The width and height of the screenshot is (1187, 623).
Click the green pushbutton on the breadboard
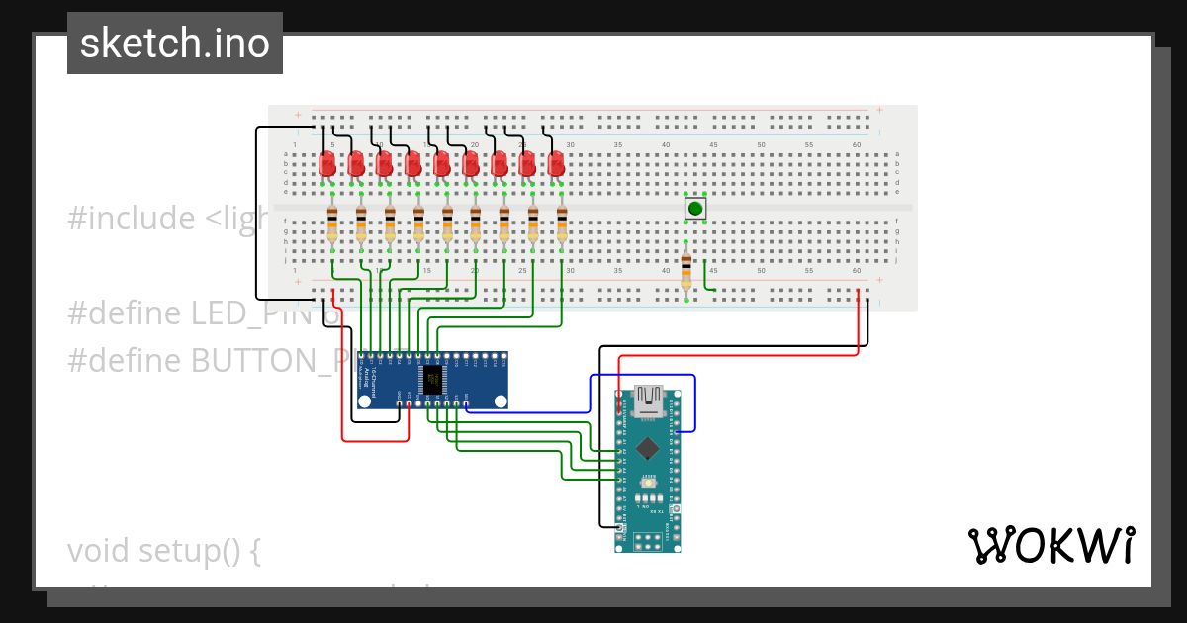[695, 209]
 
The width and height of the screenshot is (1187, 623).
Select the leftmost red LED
[327, 165]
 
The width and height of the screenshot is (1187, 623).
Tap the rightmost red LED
[556, 165]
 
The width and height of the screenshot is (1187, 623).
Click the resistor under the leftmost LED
[332, 225]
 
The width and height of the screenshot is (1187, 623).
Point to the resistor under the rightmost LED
[562, 225]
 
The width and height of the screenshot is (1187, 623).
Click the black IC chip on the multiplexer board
[432, 379]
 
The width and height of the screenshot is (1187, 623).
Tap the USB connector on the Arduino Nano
[648, 399]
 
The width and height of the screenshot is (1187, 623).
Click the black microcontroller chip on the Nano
[648, 448]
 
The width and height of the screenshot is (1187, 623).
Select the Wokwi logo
[1050, 545]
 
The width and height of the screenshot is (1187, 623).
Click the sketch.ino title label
[175, 44]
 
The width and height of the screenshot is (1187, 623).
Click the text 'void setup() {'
[164, 550]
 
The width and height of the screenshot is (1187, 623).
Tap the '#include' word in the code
[132, 218]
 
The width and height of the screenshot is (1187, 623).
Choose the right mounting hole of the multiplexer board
[501, 400]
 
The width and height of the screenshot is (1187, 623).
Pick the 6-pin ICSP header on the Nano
[648, 540]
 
